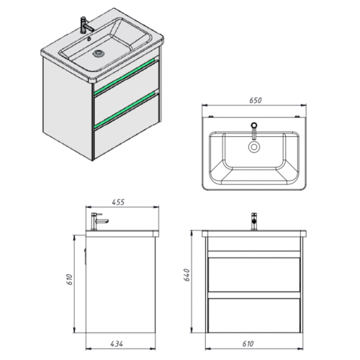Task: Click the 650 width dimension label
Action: (x=256, y=100)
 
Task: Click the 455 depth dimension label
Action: (x=118, y=202)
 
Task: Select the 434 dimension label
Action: (x=117, y=343)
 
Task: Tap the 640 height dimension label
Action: (x=186, y=275)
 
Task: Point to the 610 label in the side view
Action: (x=69, y=279)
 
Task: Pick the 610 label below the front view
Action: (x=248, y=343)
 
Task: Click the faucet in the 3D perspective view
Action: (x=86, y=24)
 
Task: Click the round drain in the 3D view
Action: (x=99, y=53)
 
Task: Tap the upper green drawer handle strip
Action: (x=125, y=76)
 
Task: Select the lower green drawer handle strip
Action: (x=125, y=109)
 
